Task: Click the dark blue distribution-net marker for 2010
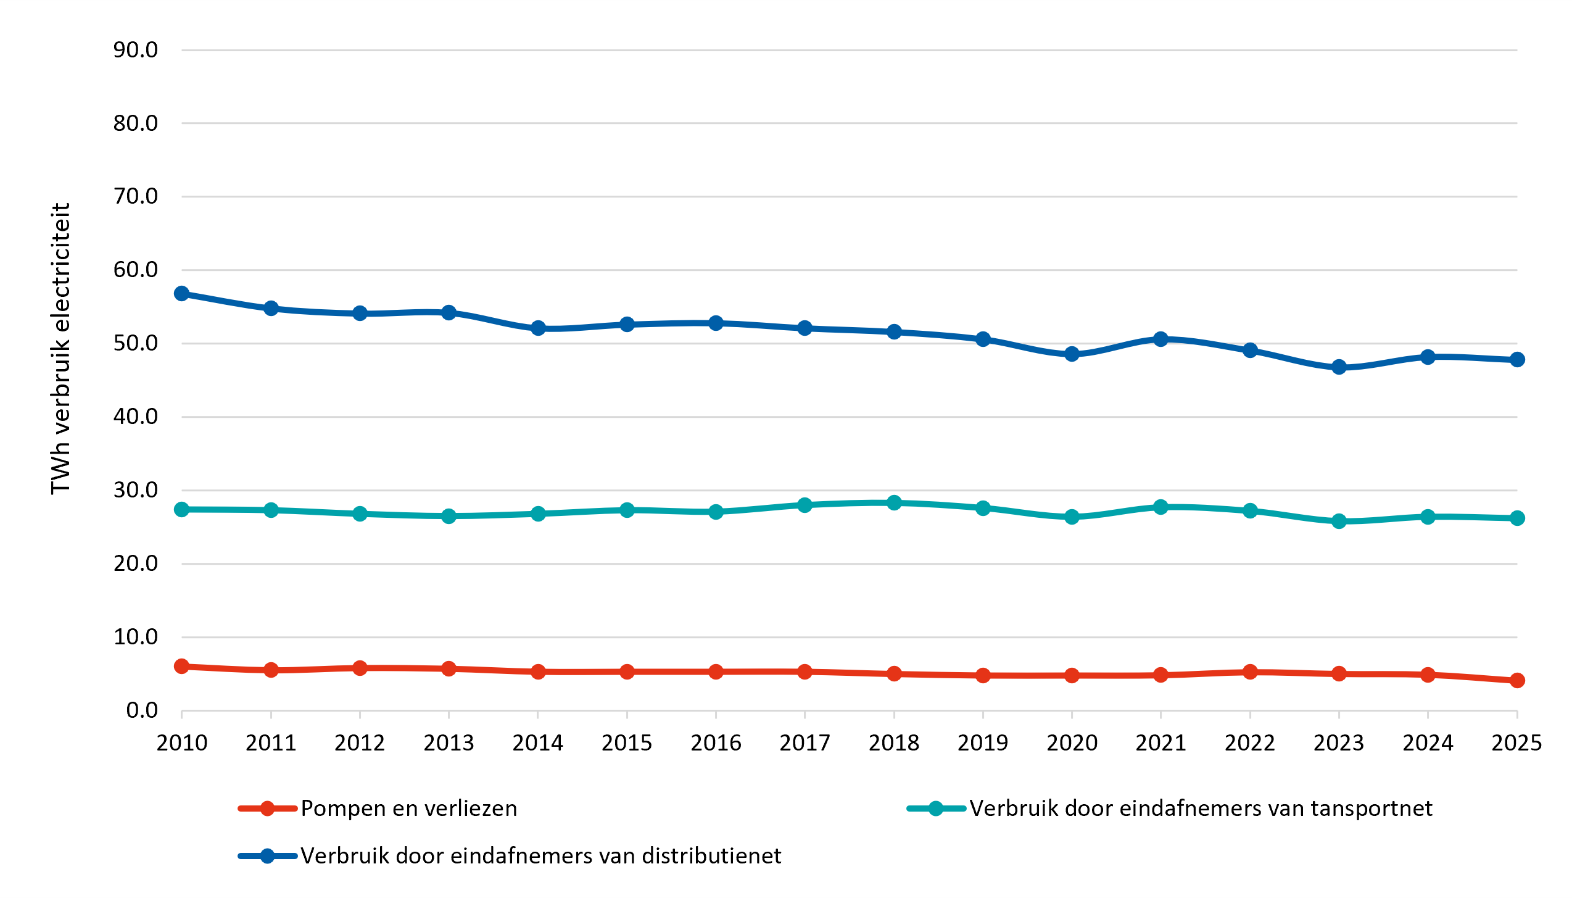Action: (181, 293)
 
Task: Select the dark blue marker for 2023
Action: (1339, 367)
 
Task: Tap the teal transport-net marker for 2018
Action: (894, 503)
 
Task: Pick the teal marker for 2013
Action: (449, 516)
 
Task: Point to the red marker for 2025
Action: (1517, 680)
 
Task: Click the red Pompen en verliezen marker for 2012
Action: (360, 668)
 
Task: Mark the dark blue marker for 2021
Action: (1160, 339)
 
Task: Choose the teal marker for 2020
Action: (1072, 517)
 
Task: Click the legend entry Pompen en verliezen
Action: (378, 809)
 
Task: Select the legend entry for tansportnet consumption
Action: (1170, 809)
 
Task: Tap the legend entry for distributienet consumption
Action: (510, 856)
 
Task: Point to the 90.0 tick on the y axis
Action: (136, 50)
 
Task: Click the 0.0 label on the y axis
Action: (142, 710)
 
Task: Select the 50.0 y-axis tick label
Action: (136, 343)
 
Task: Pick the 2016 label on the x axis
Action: (716, 743)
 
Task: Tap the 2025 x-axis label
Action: (1516, 743)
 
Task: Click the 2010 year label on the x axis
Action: (182, 743)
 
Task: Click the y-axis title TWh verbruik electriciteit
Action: (60, 349)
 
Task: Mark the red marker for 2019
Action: (983, 675)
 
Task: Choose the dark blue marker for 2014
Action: (538, 328)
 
